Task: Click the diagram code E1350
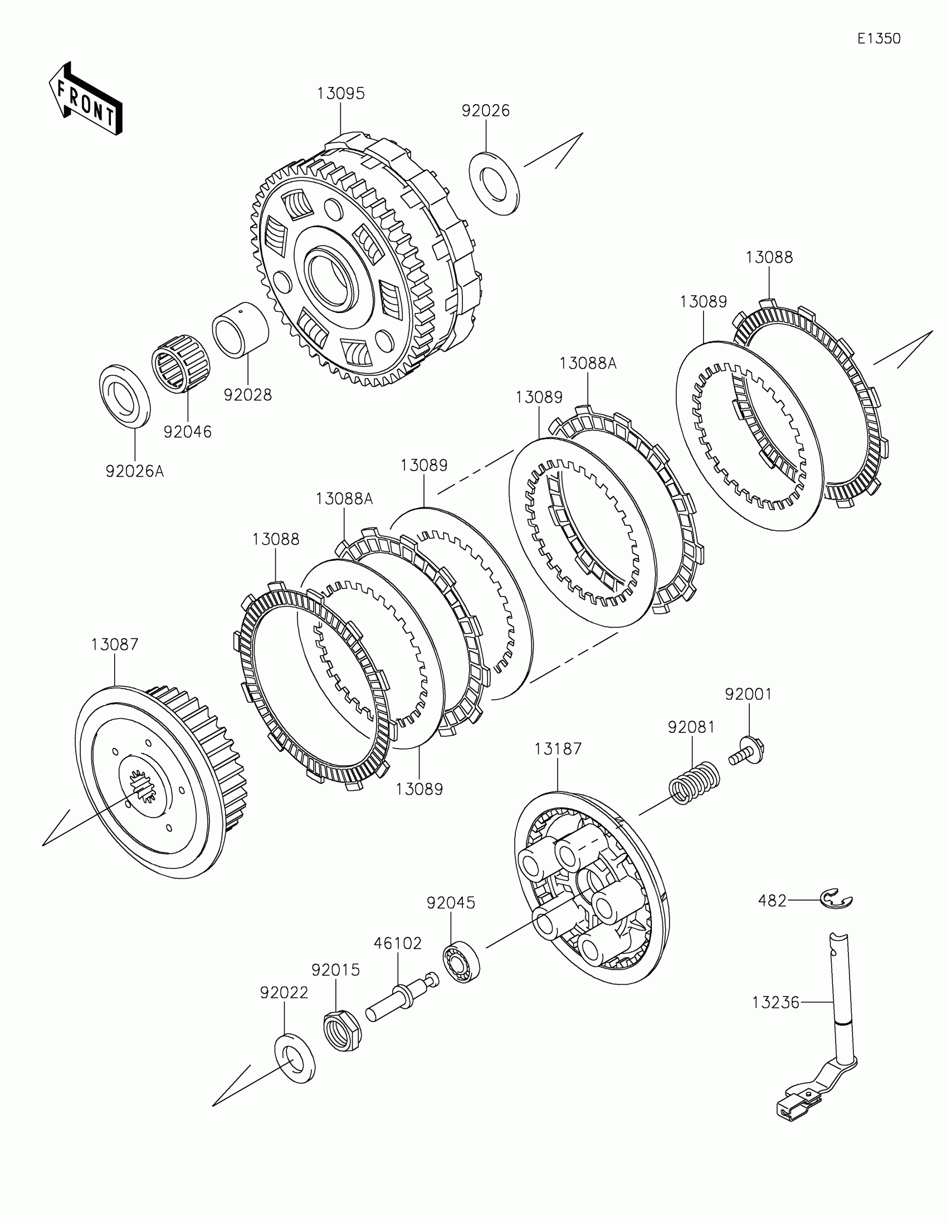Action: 878,38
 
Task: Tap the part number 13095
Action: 340,94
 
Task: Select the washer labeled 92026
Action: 495,183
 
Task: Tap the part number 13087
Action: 115,644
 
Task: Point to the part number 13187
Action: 558,749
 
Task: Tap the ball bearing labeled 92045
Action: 462,963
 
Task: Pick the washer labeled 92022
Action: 295,1059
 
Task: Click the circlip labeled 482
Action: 837,901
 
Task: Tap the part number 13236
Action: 775,1002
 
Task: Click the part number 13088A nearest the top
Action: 588,364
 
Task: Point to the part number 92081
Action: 691,727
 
